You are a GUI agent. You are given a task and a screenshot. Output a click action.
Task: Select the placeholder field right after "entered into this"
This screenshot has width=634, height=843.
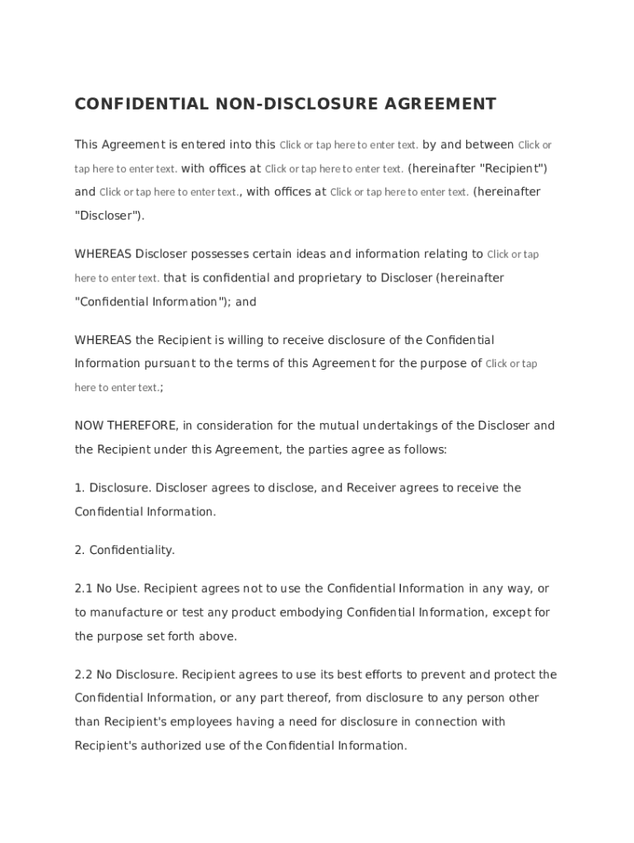pos(349,145)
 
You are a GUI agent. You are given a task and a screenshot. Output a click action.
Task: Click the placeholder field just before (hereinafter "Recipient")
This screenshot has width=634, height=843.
pos(333,169)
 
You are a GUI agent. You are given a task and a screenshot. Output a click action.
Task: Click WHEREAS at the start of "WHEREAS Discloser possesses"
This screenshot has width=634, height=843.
pos(103,254)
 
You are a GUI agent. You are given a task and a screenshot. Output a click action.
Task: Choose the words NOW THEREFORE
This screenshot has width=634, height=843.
pos(125,426)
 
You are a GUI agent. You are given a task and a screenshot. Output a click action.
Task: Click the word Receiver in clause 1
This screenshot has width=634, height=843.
pos(371,488)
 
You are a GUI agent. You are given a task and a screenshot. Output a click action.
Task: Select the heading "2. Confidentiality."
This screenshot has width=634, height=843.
pos(125,550)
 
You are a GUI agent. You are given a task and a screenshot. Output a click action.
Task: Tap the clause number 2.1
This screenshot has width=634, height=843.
pos(83,589)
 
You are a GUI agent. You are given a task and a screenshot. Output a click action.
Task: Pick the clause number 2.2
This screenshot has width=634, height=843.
pos(83,675)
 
